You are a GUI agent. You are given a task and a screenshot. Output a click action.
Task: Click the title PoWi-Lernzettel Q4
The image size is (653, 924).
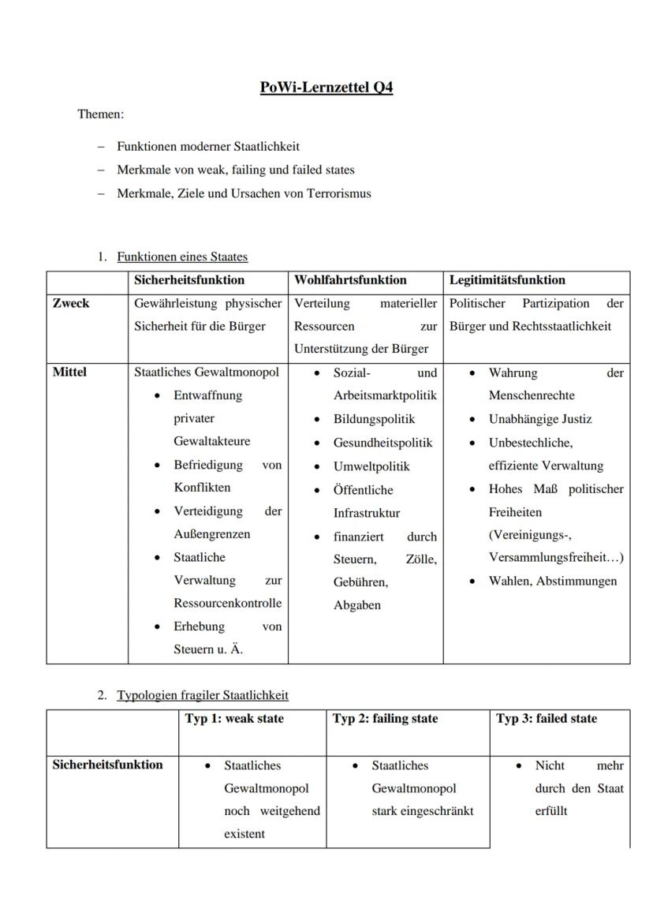326,88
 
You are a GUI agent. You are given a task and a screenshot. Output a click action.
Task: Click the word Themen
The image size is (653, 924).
100,114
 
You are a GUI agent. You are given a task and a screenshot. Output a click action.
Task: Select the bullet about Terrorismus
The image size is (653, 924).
244,193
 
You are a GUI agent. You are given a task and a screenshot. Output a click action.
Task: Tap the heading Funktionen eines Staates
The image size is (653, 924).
182,256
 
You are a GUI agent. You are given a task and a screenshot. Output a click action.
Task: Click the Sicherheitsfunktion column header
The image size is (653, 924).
189,280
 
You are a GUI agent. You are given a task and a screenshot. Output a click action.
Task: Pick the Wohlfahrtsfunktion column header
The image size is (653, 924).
350,280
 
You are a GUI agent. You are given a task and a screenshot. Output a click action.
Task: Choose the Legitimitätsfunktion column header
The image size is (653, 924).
507,280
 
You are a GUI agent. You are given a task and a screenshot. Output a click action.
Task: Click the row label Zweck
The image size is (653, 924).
71,304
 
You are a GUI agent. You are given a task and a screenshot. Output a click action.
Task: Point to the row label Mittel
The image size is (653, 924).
69,372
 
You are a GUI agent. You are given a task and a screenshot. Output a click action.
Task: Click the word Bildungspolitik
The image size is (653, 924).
374,419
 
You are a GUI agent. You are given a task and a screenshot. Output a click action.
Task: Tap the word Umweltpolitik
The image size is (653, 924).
371,466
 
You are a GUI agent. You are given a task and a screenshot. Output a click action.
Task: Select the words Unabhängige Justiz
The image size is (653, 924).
540,419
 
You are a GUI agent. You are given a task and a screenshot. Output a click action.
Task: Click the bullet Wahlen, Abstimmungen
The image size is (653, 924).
553,582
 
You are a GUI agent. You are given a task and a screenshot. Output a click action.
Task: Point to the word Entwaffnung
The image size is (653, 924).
208,395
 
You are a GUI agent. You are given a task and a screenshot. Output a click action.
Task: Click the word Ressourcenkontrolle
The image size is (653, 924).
227,604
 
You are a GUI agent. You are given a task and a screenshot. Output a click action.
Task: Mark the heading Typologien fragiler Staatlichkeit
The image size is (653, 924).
203,695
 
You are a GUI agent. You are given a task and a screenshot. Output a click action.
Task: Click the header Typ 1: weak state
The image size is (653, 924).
234,719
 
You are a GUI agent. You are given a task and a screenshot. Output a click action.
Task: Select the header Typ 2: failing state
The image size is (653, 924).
385,719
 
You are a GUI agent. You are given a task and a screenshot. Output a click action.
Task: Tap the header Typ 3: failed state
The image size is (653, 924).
547,719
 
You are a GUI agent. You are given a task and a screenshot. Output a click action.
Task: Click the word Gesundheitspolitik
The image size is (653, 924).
382,443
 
